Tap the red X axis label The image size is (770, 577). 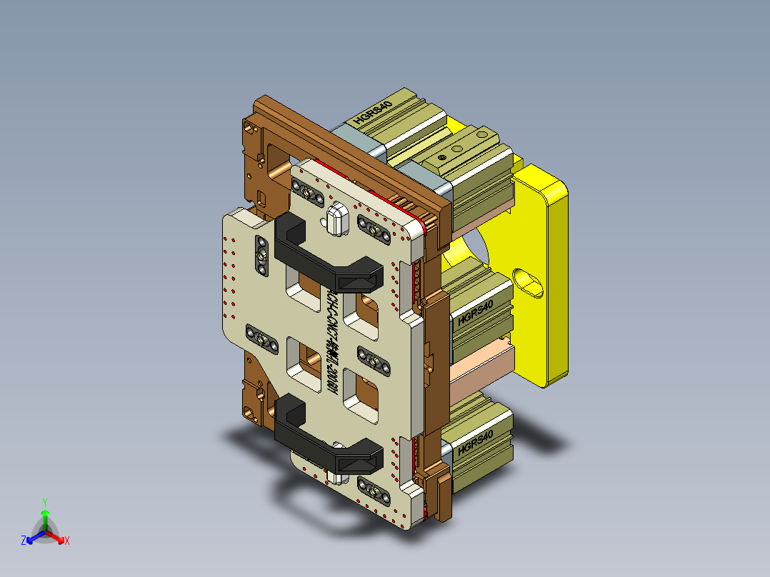click(x=67, y=541)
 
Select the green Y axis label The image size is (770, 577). click(x=44, y=503)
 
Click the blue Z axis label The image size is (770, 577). click(x=24, y=541)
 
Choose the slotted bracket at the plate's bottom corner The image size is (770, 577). click(x=374, y=490)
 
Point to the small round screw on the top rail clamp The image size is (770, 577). click(x=443, y=156)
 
